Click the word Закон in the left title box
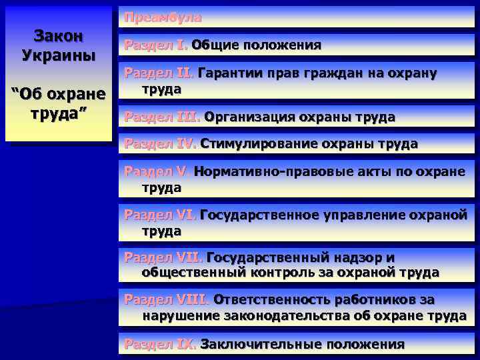tap(58, 36)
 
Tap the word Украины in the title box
tap(58, 54)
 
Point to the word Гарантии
tap(230, 73)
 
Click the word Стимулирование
tap(259, 144)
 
